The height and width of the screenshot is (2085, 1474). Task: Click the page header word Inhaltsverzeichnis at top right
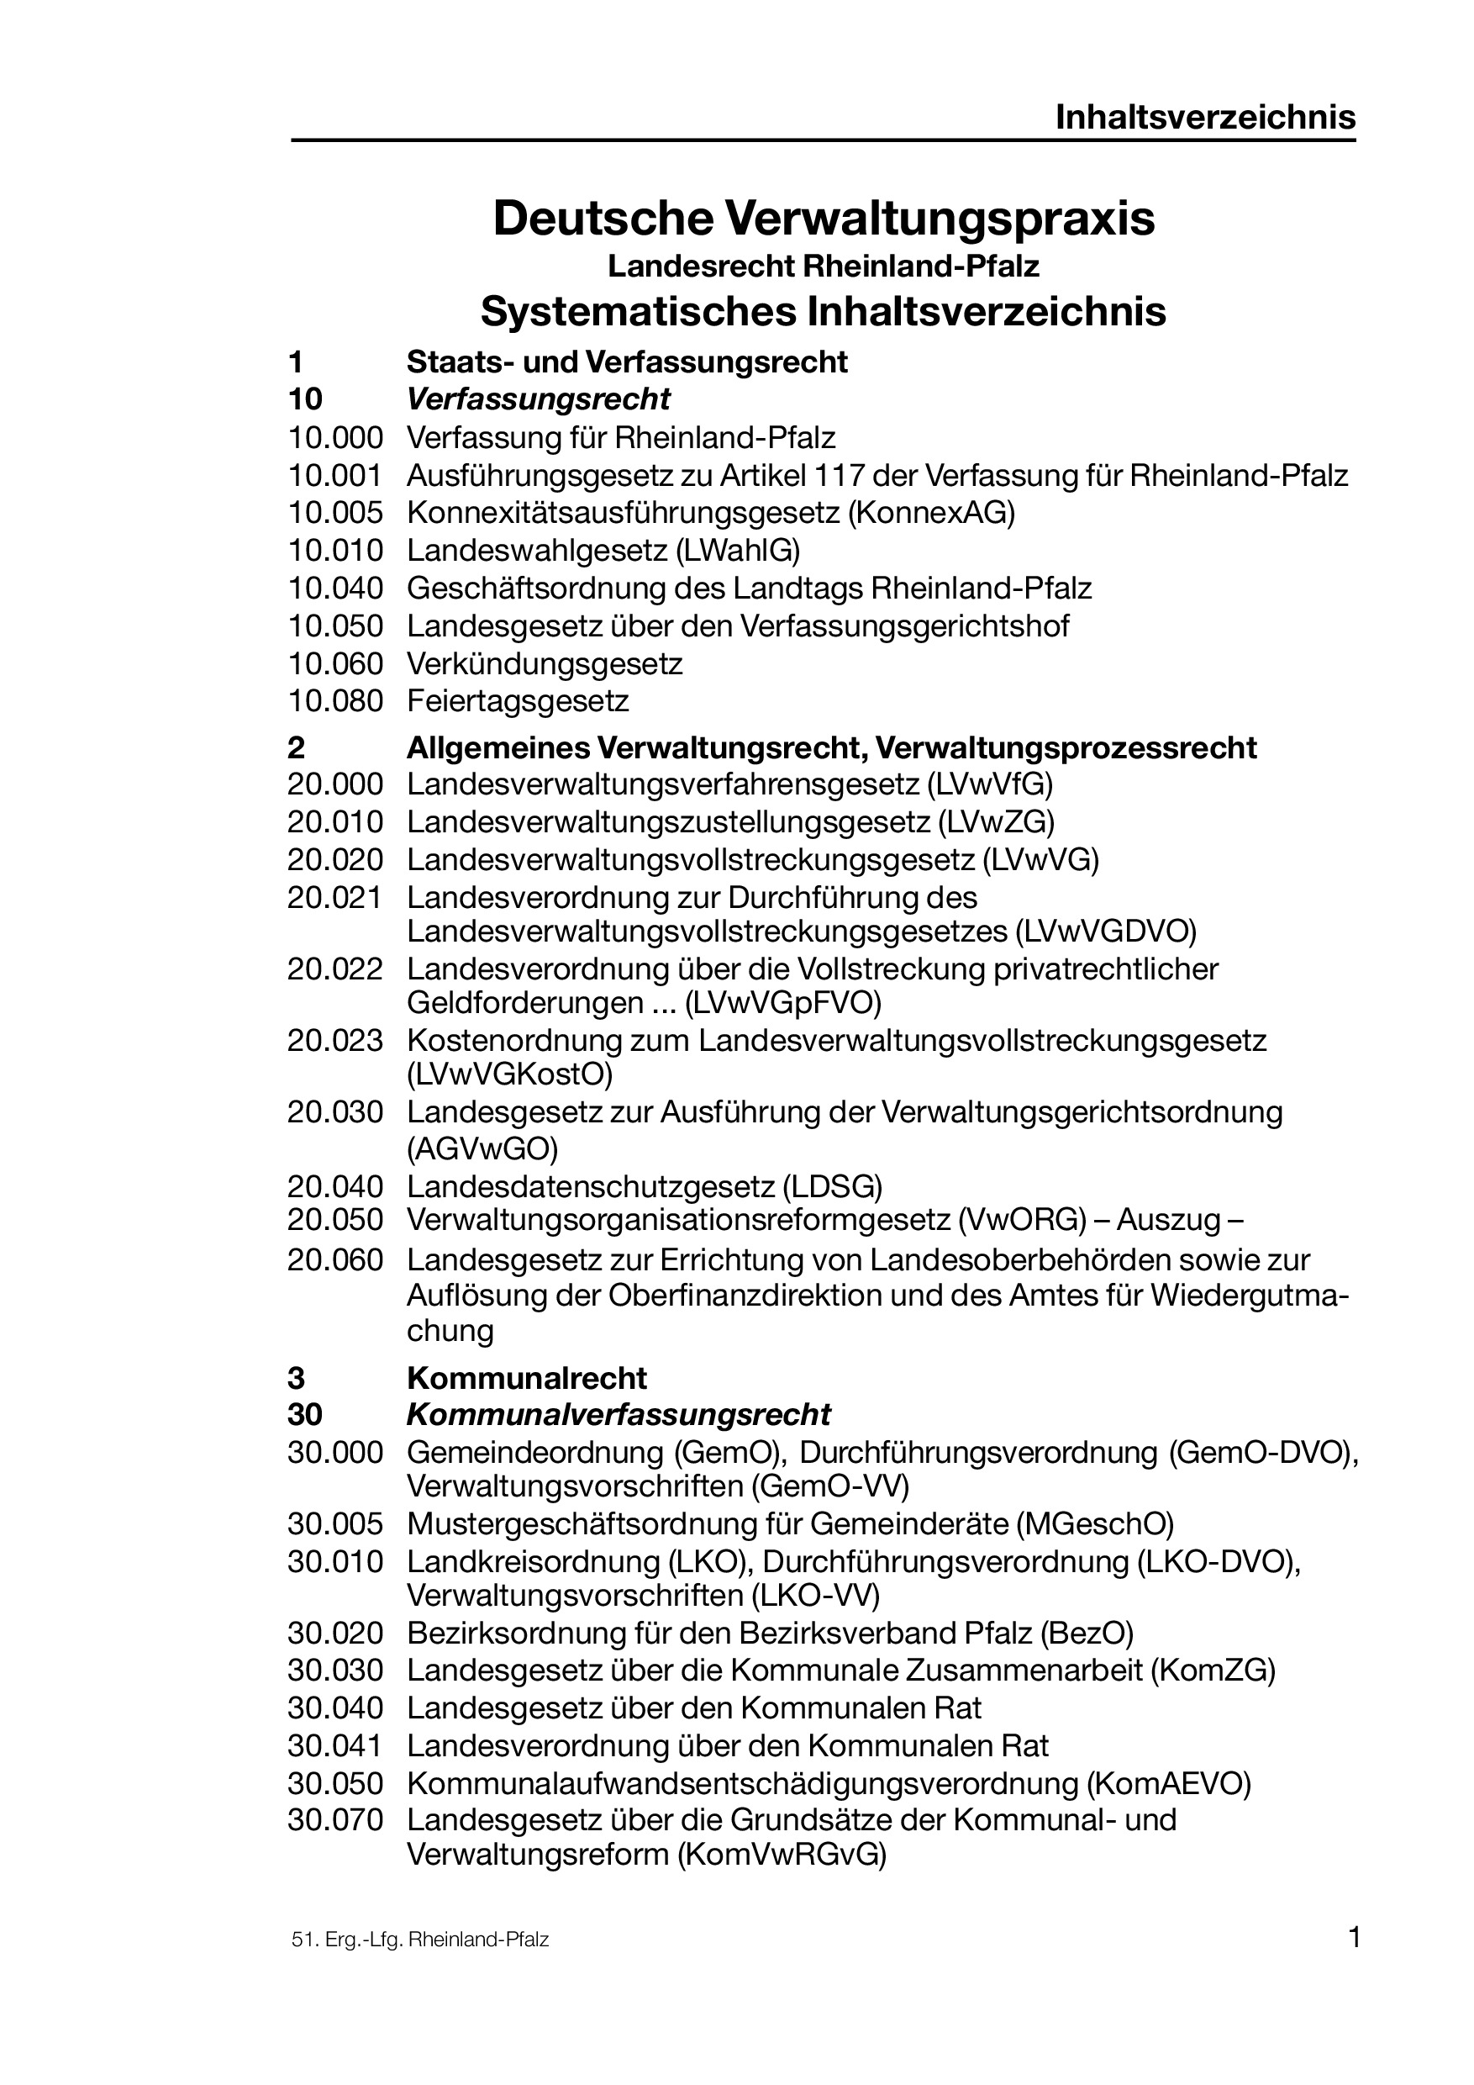click(x=1204, y=117)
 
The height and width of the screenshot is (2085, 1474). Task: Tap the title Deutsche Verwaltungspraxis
click(x=824, y=218)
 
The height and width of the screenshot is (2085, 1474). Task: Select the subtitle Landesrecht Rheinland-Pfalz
click(x=824, y=267)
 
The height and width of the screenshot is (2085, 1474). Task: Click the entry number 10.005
click(x=336, y=513)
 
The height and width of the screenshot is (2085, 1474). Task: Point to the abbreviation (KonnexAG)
click(x=931, y=513)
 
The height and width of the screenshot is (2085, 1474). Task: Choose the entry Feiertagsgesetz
click(x=518, y=701)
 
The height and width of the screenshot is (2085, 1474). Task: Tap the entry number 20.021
click(x=336, y=897)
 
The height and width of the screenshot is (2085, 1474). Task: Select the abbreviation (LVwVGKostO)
click(x=510, y=1074)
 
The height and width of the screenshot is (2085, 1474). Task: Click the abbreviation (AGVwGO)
click(x=483, y=1148)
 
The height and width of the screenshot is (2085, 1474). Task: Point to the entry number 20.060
click(x=336, y=1260)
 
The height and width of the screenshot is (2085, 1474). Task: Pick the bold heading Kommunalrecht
click(x=526, y=1379)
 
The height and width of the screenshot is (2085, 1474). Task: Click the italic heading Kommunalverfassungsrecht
click(x=619, y=1415)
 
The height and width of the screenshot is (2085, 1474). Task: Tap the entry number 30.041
click(x=336, y=1745)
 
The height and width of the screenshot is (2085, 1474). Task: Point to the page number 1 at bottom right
click(x=1354, y=1938)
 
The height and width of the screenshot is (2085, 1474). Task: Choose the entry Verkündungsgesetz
click(x=545, y=664)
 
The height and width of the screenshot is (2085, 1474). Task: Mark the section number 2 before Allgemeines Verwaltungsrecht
click(x=296, y=748)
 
